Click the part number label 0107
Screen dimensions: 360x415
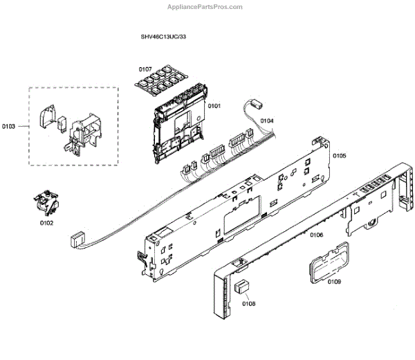pos(145,69)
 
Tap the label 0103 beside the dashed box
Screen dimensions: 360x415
pos(9,126)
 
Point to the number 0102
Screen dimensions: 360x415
pos(45,223)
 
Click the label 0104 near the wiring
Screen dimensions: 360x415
pos(267,121)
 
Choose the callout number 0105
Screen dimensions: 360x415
pos(339,156)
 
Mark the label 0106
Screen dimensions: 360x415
pos(317,235)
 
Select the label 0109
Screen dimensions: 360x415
pos(334,282)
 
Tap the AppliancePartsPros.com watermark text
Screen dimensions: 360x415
pos(206,7)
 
